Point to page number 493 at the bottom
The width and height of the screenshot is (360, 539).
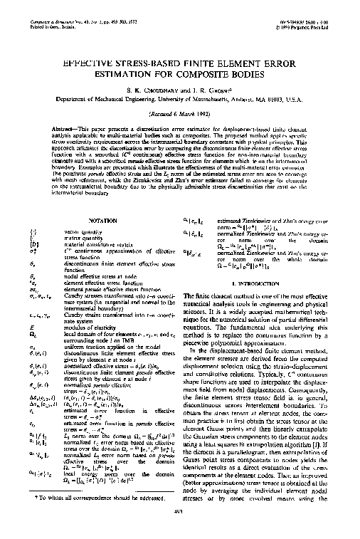[x=179, y=528]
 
